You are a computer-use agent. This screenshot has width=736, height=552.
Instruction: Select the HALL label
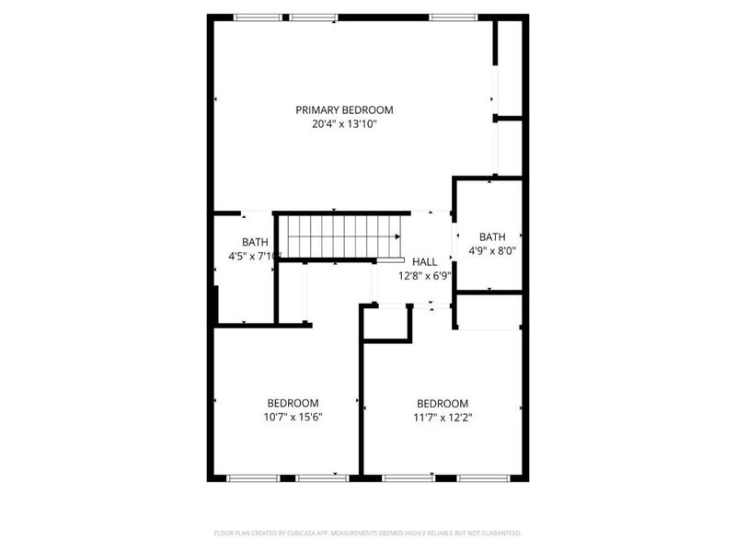pos(424,262)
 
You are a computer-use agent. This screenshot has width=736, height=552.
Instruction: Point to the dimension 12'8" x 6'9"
pos(424,275)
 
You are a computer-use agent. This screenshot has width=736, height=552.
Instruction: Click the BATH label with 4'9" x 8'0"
pos(492,236)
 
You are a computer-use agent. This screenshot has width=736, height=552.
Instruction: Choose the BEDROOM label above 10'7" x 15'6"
pos(293,403)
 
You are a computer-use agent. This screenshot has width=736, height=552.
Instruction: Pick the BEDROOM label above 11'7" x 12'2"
pos(443,403)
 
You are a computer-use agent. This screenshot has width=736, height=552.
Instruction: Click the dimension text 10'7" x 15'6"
pos(293,417)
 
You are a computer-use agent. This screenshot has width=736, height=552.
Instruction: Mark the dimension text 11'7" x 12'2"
pos(443,417)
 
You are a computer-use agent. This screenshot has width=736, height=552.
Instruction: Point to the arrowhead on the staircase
pos(397,236)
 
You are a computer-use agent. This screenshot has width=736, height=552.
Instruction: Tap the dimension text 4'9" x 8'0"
pos(492,250)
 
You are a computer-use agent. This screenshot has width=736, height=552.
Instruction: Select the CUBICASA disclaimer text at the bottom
pos(367,533)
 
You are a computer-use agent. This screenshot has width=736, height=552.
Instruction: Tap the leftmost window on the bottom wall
pos(252,477)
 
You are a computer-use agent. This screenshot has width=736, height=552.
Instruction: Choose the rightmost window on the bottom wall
pos(485,477)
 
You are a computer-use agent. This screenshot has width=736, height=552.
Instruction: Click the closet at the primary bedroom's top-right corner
pos(510,69)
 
